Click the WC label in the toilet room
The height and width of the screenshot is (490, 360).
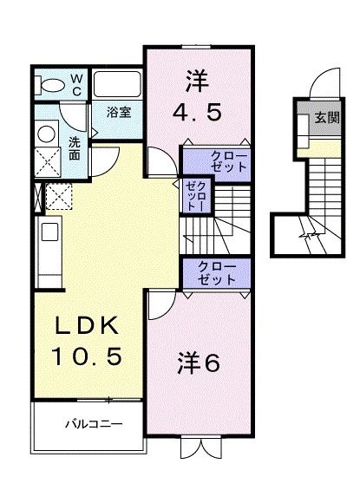tap(75, 84)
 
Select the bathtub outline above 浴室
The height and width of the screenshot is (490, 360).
tap(118, 85)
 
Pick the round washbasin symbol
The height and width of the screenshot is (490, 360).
tap(46, 134)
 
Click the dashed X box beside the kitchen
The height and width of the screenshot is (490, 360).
tap(59, 198)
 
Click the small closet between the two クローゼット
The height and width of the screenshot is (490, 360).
tap(192, 198)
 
